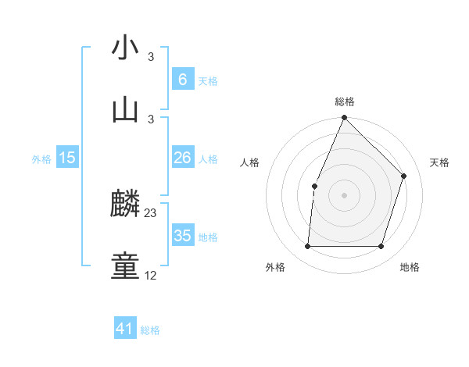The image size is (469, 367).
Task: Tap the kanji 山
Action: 125,110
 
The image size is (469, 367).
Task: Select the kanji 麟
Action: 125,204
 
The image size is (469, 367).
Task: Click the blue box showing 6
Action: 182,80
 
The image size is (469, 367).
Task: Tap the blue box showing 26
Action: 182,158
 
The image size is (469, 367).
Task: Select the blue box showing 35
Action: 182,236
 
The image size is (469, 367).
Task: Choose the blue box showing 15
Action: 67,158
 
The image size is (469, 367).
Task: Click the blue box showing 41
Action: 125,330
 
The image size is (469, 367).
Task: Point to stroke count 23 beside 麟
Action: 151,213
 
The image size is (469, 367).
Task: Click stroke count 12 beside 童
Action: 151,276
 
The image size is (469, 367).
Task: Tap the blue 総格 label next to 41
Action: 150,330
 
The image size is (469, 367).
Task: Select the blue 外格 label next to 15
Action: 41,159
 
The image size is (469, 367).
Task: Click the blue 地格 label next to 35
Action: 208,237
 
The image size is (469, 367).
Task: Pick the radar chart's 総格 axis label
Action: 345,102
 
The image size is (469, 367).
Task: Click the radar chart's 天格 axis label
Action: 439,162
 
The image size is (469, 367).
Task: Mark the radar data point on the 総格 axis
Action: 345,118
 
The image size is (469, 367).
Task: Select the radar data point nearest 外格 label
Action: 307,247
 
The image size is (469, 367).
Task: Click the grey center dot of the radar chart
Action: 345,195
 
